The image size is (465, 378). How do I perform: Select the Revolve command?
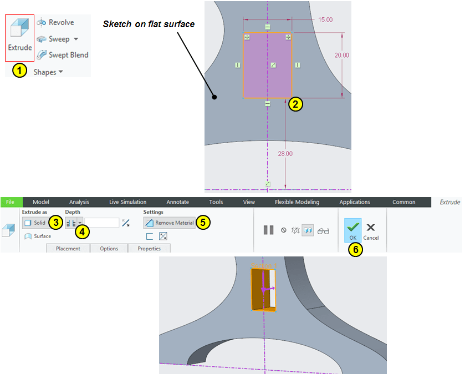55,22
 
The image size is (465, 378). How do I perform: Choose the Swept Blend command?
63,55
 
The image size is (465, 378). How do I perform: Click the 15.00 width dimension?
325,20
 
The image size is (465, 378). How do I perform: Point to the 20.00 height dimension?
341,56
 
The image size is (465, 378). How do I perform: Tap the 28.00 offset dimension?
285,154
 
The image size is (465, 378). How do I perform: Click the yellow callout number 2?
295,104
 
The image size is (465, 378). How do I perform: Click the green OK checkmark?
353,228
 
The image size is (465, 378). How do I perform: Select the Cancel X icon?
371,228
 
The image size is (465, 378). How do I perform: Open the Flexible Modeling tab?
297,202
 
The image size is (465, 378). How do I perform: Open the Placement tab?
68,248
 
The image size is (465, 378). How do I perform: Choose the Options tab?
109,248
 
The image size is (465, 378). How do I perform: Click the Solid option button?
35,223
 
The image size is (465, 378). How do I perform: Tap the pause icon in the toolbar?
268,230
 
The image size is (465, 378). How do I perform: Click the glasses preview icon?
323,231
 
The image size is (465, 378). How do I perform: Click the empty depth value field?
102,223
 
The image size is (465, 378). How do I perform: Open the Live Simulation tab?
128,202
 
